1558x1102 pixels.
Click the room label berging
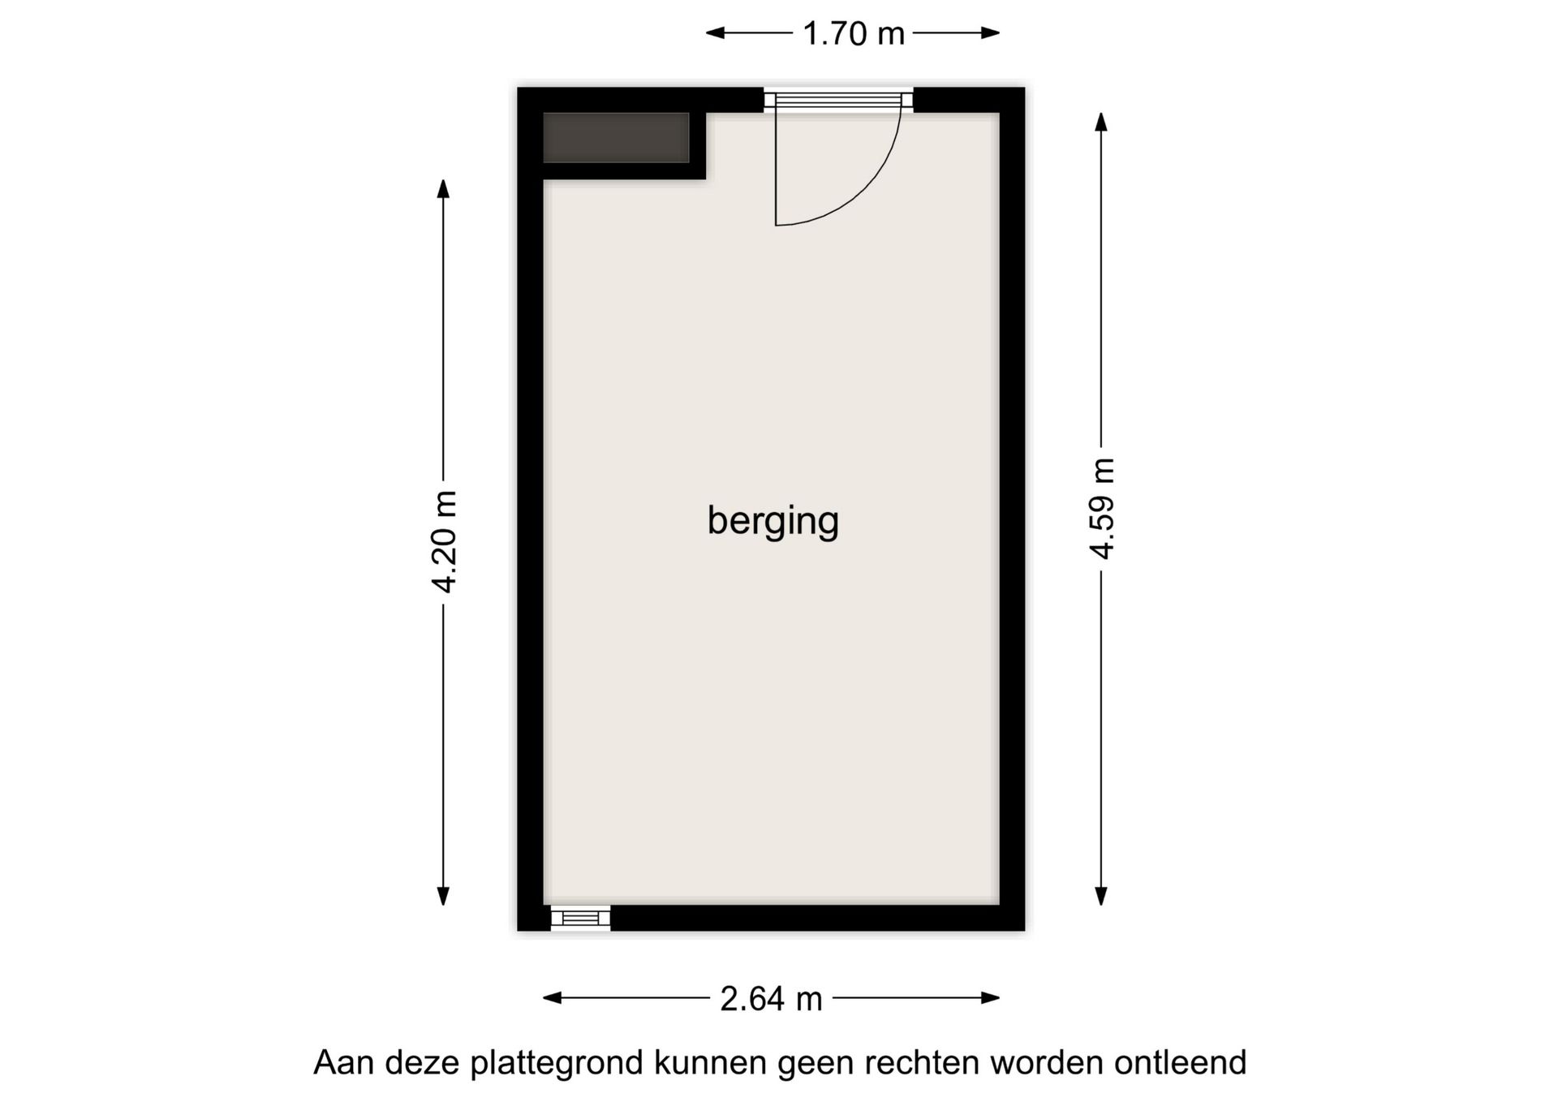(x=773, y=521)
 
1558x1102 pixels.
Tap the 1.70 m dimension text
(x=853, y=34)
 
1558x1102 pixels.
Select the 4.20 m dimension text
(x=445, y=541)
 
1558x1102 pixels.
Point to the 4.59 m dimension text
(x=1102, y=509)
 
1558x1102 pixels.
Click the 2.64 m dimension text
(x=771, y=999)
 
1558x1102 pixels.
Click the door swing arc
(x=860, y=195)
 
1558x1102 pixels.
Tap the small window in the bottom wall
(x=580, y=918)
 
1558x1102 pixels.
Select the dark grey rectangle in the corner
(x=616, y=138)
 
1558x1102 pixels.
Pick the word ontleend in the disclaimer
(x=1179, y=1063)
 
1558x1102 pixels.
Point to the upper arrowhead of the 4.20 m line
(x=443, y=187)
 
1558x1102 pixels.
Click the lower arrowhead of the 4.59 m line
(x=1101, y=896)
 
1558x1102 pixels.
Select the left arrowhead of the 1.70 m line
(x=715, y=33)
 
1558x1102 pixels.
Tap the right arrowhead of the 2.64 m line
(x=991, y=998)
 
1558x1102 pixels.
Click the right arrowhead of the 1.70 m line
(x=991, y=33)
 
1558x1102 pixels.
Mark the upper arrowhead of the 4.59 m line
(x=1101, y=122)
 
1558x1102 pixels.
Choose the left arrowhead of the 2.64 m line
(x=552, y=998)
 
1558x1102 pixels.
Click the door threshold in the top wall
(x=838, y=100)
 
